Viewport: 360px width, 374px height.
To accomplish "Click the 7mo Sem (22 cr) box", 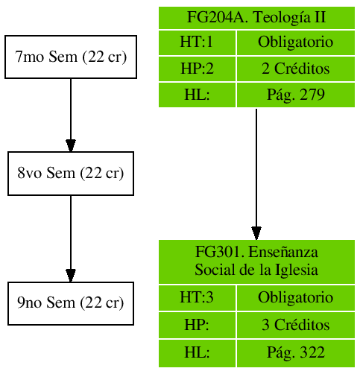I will point(70,57).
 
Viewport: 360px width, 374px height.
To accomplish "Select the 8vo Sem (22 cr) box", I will point(70,174).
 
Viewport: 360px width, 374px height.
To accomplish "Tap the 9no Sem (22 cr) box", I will point(70,303).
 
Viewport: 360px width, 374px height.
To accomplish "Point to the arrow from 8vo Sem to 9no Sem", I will point(70,238).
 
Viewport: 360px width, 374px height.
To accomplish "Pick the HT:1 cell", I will point(197,42).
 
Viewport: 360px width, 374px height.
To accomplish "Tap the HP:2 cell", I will point(197,69).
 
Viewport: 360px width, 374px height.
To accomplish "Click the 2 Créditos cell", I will point(295,69).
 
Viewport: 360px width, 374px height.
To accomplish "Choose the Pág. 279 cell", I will point(295,95).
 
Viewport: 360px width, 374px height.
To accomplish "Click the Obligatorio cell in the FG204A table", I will point(295,42).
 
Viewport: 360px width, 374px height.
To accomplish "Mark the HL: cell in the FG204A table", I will point(197,95).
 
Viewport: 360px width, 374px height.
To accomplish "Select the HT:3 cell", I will point(197,298).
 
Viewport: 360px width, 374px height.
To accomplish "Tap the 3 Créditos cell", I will point(295,326).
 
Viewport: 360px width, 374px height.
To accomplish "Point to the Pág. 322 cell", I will point(295,352).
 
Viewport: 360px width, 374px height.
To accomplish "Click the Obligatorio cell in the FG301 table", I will point(295,298).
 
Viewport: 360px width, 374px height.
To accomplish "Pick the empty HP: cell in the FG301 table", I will point(197,326).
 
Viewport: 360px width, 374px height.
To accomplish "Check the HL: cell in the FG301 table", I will point(197,352).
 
